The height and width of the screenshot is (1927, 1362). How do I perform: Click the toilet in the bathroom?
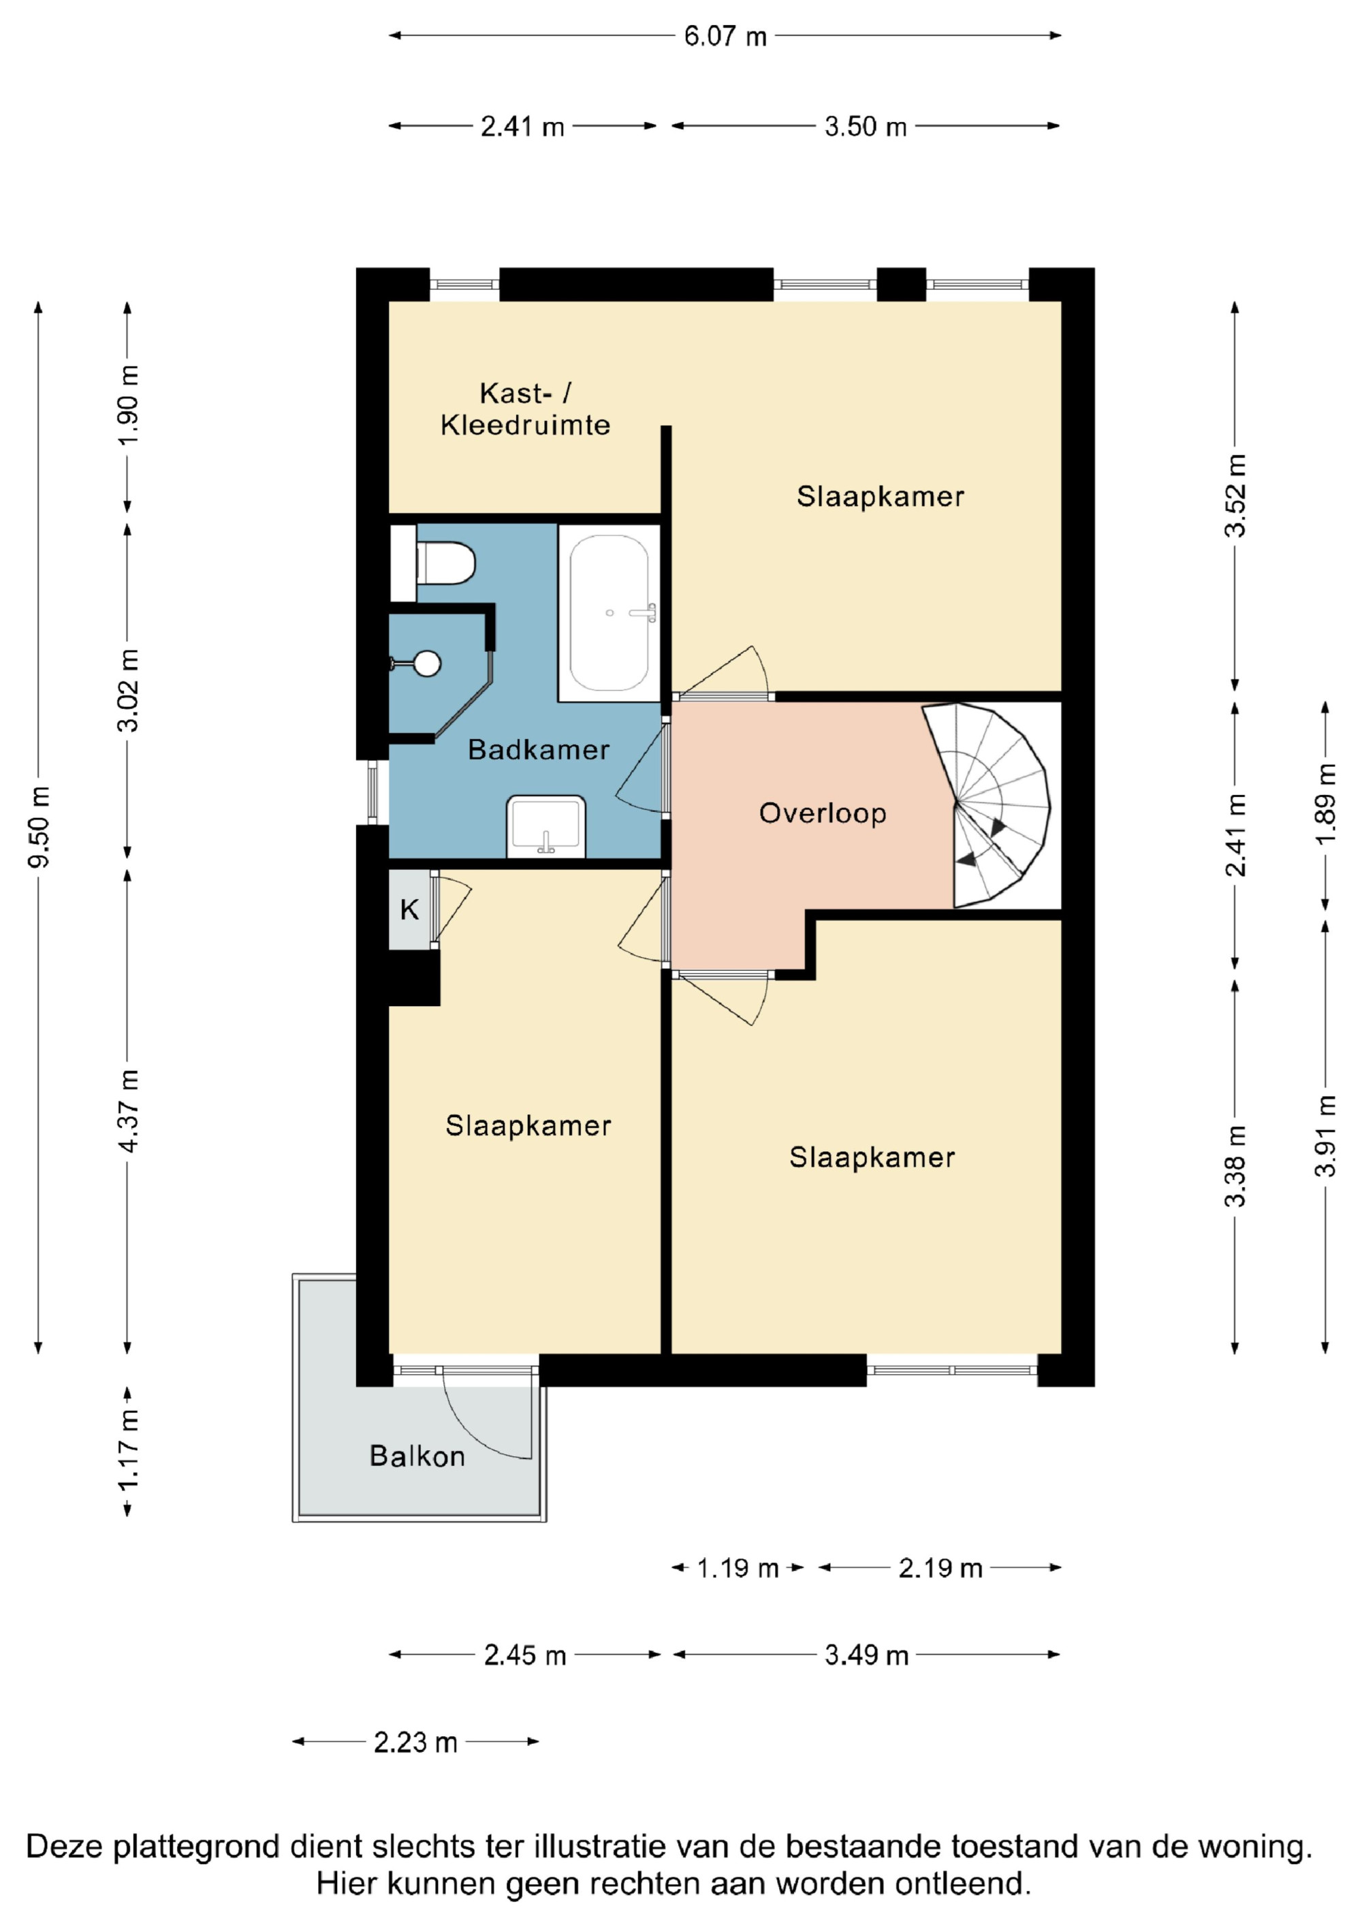[445, 563]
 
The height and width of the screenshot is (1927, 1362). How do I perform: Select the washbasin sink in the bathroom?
[545, 827]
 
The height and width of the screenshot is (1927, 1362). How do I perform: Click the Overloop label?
[823, 813]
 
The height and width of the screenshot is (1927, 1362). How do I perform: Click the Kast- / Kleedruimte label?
[525, 409]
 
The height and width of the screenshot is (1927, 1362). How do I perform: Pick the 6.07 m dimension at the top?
[726, 35]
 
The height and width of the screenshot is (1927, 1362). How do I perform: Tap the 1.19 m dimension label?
[738, 1568]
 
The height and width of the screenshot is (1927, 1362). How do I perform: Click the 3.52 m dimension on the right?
[1235, 495]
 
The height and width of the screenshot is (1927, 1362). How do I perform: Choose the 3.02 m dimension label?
[127, 691]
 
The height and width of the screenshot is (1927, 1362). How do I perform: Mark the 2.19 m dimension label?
[940, 1568]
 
